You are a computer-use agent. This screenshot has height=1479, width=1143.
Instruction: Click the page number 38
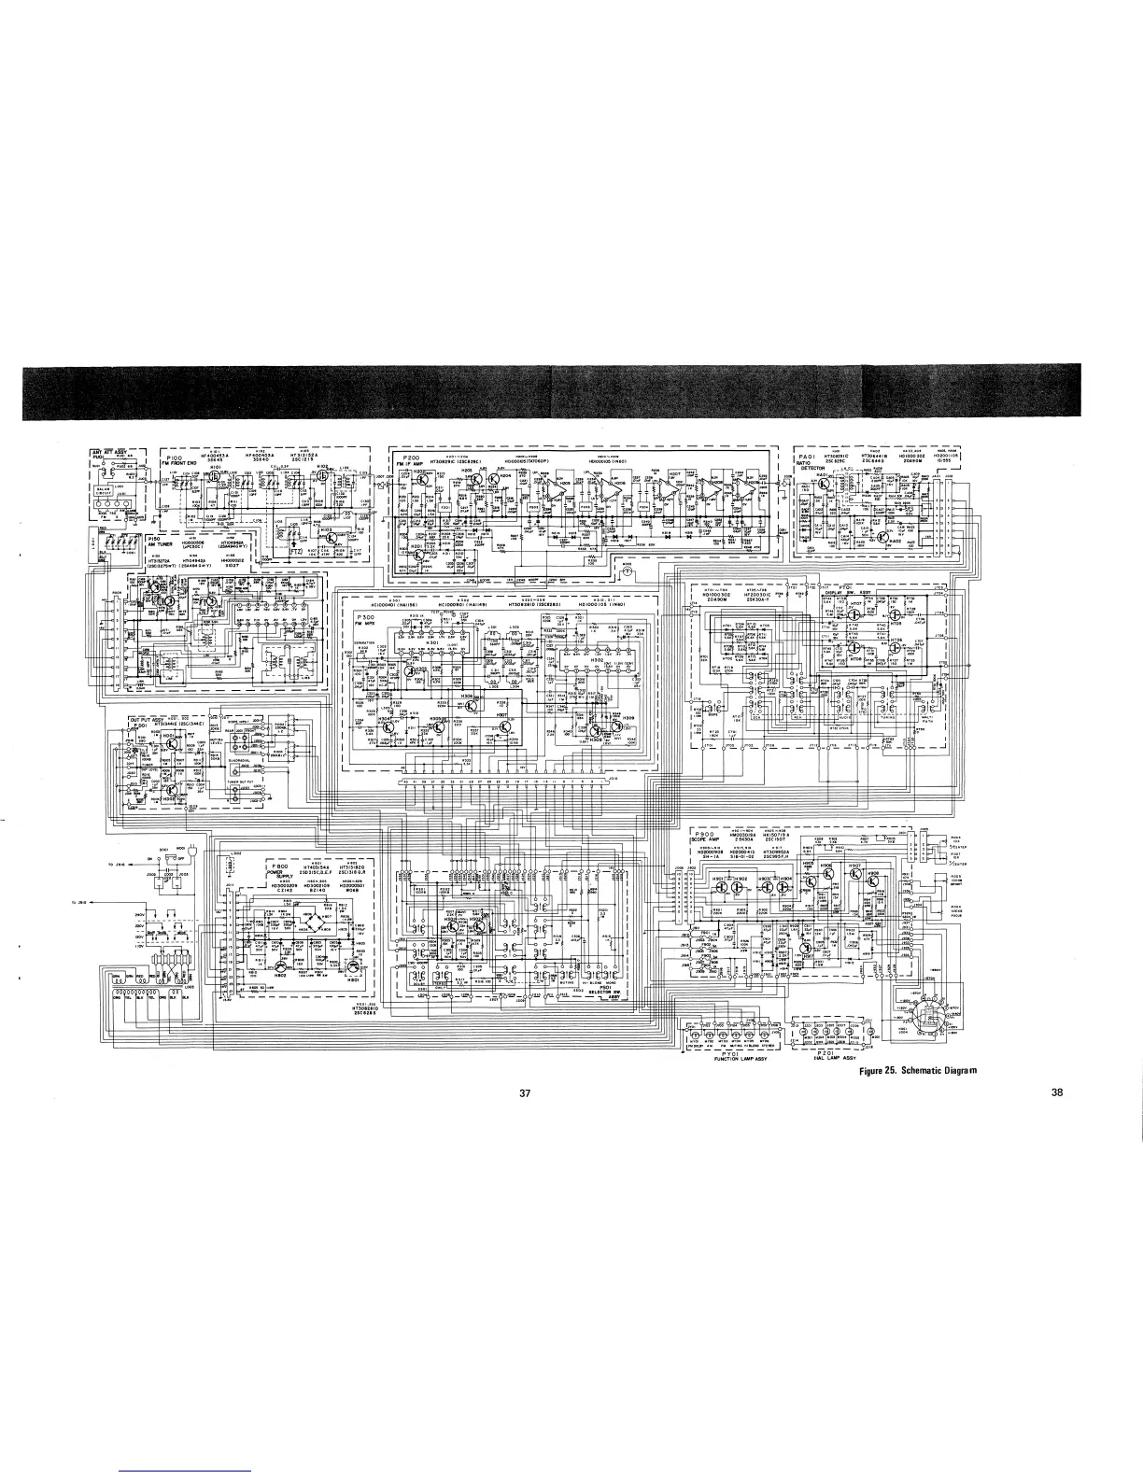point(1057,1094)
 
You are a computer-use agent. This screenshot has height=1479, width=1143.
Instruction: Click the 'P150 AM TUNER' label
point(160,543)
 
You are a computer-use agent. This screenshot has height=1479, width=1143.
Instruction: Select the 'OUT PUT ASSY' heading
point(146,717)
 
